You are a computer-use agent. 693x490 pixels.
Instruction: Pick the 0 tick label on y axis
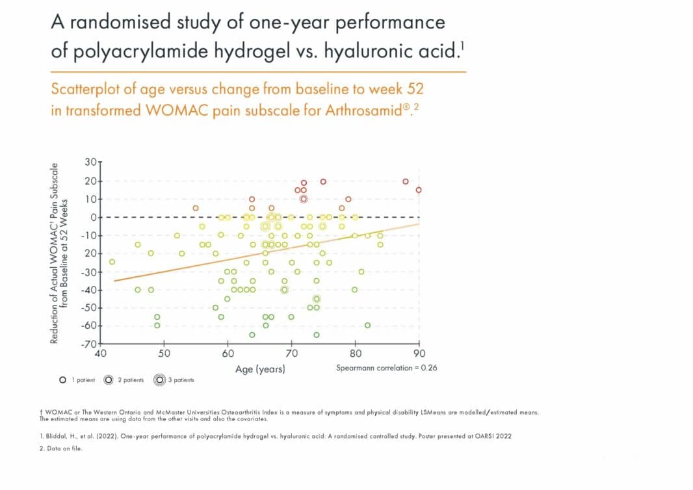[x=92, y=216]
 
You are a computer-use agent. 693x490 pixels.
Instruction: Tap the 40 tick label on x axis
[x=100, y=354]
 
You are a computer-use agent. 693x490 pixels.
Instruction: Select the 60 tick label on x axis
[x=228, y=354]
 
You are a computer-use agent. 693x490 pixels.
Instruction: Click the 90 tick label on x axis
[x=419, y=354]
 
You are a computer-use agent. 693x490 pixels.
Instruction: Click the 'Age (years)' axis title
[x=260, y=369]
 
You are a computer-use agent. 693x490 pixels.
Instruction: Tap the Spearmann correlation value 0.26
[x=428, y=368]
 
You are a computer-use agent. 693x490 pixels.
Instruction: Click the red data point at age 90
[x=419, y=190]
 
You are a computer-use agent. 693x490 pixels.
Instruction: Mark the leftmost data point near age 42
[x=112, y=262]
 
